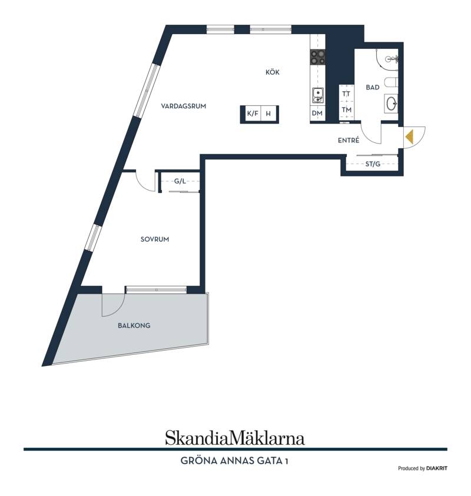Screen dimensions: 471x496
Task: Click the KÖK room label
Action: tap(272, 72)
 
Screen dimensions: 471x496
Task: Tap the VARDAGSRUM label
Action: tap(183, 106)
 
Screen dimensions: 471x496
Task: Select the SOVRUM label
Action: tap(154, 239)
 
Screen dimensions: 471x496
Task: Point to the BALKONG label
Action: tap(134, 325)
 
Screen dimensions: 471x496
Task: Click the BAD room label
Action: tap(372, 87)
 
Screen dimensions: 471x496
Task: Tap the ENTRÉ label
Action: tap(349, 140)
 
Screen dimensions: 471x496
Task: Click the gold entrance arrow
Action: tap(409, 137)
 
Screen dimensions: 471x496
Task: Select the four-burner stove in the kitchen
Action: tap(317, 58)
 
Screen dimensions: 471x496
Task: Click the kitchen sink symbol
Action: tap(317, 95)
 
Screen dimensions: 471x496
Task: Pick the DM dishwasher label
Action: tap(317, 113)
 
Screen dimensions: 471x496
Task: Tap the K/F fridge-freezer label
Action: tap(252, 114)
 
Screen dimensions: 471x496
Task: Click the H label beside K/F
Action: tap(268, 114)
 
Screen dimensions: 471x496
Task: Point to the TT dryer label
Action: tap(346, 94)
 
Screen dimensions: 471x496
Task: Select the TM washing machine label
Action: tap(347, 110)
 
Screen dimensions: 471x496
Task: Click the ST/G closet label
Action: tap(373, 164)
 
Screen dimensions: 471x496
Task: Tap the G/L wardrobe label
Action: tap(180, 181)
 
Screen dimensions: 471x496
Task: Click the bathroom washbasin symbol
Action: tap(392, 103)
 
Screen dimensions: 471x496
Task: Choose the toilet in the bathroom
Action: tap(391, 82)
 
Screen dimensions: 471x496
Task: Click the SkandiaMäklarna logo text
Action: tap(234, 438)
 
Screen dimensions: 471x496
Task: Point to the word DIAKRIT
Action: tap(437, 468)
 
